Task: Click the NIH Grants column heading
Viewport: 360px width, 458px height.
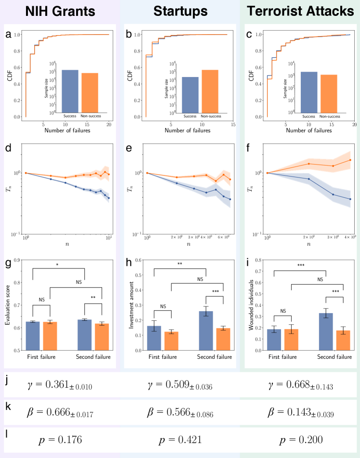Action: (x=60, y=11)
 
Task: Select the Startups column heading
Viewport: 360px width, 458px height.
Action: (x=180, y=11)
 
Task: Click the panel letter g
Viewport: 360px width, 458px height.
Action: (x=8, y=264)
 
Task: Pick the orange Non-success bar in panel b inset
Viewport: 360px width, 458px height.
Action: (x=210, y=91)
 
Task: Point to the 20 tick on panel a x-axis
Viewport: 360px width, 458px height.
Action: (x=109, y=124)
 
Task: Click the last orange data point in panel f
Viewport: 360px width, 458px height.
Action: (x=350, y=160)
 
